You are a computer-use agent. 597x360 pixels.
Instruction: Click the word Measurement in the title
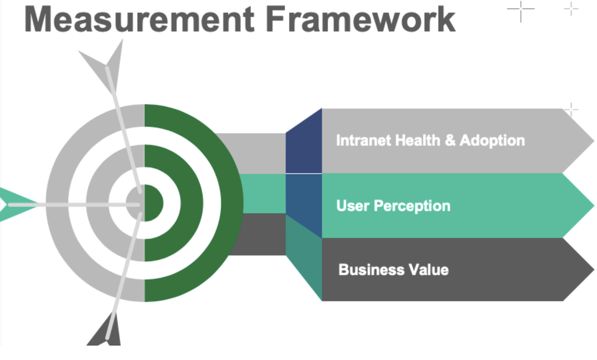[139, 20]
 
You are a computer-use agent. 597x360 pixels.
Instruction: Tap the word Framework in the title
[361, 20]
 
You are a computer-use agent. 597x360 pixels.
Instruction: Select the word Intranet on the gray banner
[364, 140]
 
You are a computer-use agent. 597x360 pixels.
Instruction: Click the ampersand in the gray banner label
[450, 140]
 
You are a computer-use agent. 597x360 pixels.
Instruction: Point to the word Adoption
[492, 141]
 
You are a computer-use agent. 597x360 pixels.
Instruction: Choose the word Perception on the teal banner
[412, 206]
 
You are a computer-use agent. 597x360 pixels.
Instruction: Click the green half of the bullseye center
[153, 203]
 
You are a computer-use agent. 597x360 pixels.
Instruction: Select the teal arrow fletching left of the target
[17, 204]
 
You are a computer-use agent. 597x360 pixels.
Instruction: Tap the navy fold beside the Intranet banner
[304, 144]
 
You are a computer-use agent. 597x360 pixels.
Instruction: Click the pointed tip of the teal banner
[594, 205]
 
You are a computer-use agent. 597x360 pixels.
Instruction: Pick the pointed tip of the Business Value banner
[594, 270]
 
